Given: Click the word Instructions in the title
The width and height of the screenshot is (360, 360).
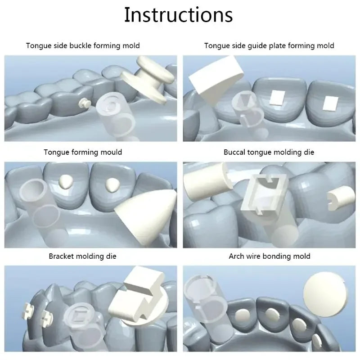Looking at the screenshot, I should click(x=179, y=15).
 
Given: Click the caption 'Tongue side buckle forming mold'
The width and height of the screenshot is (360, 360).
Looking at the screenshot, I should click(x=83, y=45).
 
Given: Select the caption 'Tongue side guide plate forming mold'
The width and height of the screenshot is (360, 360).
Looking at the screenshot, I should click(x=269, y=45).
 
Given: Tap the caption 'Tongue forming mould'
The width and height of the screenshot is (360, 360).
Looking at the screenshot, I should click(x=83, y=152).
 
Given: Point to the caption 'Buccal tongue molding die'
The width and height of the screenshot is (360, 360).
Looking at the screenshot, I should click(x=269, y=152).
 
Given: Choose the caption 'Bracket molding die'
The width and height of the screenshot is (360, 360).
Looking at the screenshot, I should click(x=83, y=256).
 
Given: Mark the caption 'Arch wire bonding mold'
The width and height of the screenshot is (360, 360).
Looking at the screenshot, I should click(x=269, y=256).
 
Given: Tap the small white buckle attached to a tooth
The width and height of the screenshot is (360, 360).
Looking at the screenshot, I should click(x=82, y=103).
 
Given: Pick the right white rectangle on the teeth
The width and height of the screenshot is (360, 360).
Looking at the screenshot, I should click(x=329, y=103).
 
